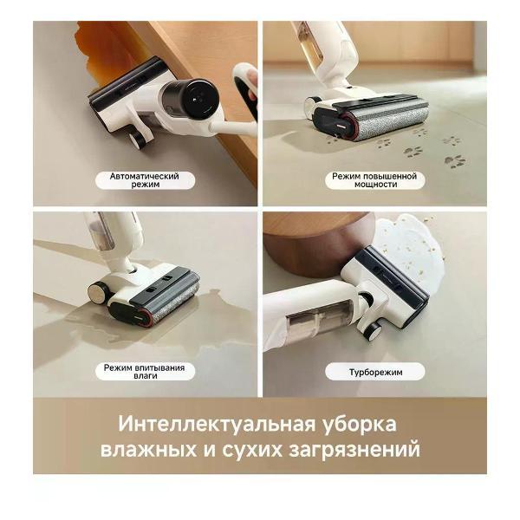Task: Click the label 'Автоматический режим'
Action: click(145, 180)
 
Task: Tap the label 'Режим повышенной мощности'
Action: click(374, 180)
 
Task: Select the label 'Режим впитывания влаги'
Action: click(145, 372)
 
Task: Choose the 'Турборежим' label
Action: click(375, 372)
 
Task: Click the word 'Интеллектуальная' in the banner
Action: click(217, 424)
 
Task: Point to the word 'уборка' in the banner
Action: click(360, 425)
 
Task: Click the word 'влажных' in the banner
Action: click(148, 450)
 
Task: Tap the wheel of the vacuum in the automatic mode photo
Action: click(136, 140)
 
